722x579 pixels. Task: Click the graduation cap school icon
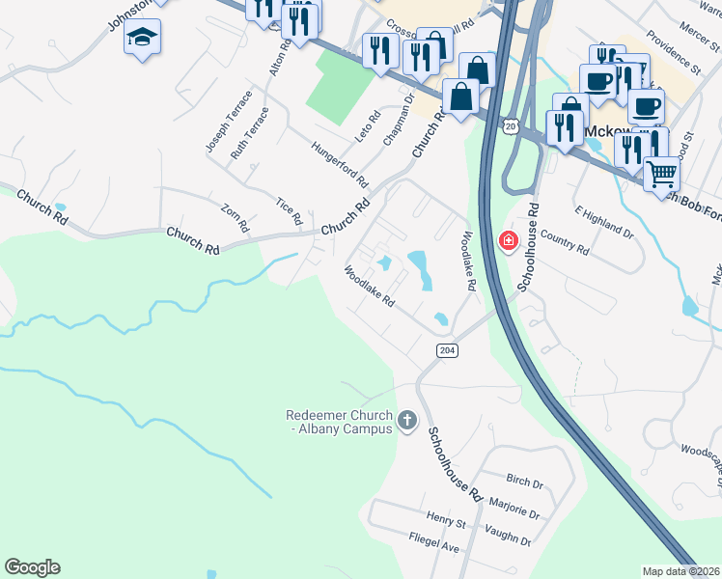click(143, 38)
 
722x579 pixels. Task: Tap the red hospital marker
click(506, 240)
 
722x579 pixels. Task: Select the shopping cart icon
click(661, 174)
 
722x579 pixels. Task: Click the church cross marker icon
click(407, 420)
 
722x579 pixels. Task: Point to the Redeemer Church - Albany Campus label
click(339, 422)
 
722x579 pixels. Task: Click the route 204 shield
click(446, 349)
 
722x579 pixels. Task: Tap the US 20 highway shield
click(511, 126)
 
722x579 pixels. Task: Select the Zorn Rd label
click(235, 218)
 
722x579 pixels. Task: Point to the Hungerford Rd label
click(340, 164)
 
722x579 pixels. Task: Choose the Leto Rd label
click(363, 130)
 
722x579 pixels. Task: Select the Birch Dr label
click(524, 480)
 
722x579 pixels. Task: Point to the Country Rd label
click(565, 240)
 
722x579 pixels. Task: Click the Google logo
click(32, 567)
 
